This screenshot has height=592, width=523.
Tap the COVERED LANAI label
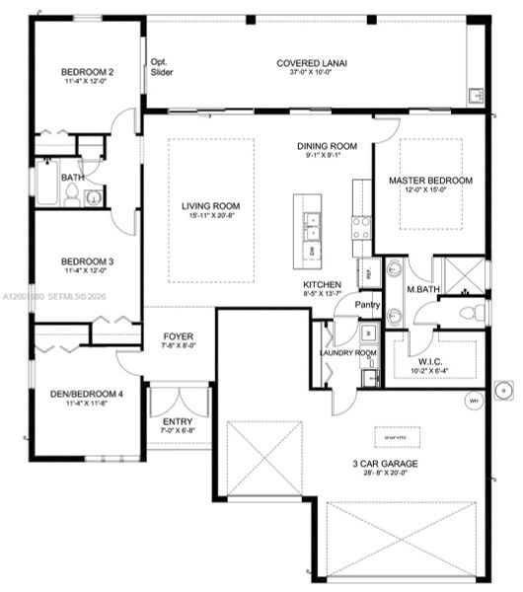tap(318, 62)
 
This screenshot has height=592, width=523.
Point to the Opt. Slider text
tap(161, 66)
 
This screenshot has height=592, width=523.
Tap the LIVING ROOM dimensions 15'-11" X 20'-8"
tap(209, 217)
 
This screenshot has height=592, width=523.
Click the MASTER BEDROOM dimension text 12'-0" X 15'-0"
tap(429, 191)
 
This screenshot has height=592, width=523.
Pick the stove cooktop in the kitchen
tap(361, 228)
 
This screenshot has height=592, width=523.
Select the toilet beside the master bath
tap(476, 313)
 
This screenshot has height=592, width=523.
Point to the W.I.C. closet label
tap(430, 360)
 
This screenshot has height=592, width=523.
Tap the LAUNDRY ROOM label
tap(348, 352)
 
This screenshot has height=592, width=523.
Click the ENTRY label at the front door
tap(177, 421)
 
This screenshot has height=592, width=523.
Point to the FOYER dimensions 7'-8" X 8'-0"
tap(179, 346)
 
